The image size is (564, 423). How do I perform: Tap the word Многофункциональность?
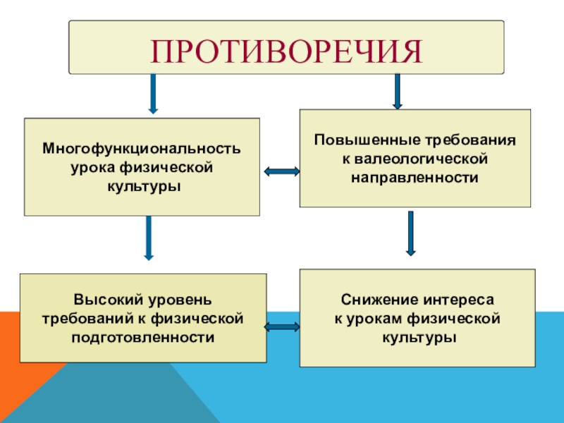(x=142, y=149)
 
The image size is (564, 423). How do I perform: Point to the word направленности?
(x=415, y=177)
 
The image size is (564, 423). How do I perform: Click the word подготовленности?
(x=142, y=338)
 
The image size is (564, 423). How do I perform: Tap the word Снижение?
(x=376, y=301)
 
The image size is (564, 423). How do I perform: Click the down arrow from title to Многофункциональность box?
(x=152, y=93)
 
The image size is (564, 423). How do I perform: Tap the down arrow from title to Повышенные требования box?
(x=398, y=91)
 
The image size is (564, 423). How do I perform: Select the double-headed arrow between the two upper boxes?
(x=281, y=171)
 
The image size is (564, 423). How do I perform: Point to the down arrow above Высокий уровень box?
(x=149, y=237)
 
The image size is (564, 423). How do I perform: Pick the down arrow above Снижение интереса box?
(x=411, y=233)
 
